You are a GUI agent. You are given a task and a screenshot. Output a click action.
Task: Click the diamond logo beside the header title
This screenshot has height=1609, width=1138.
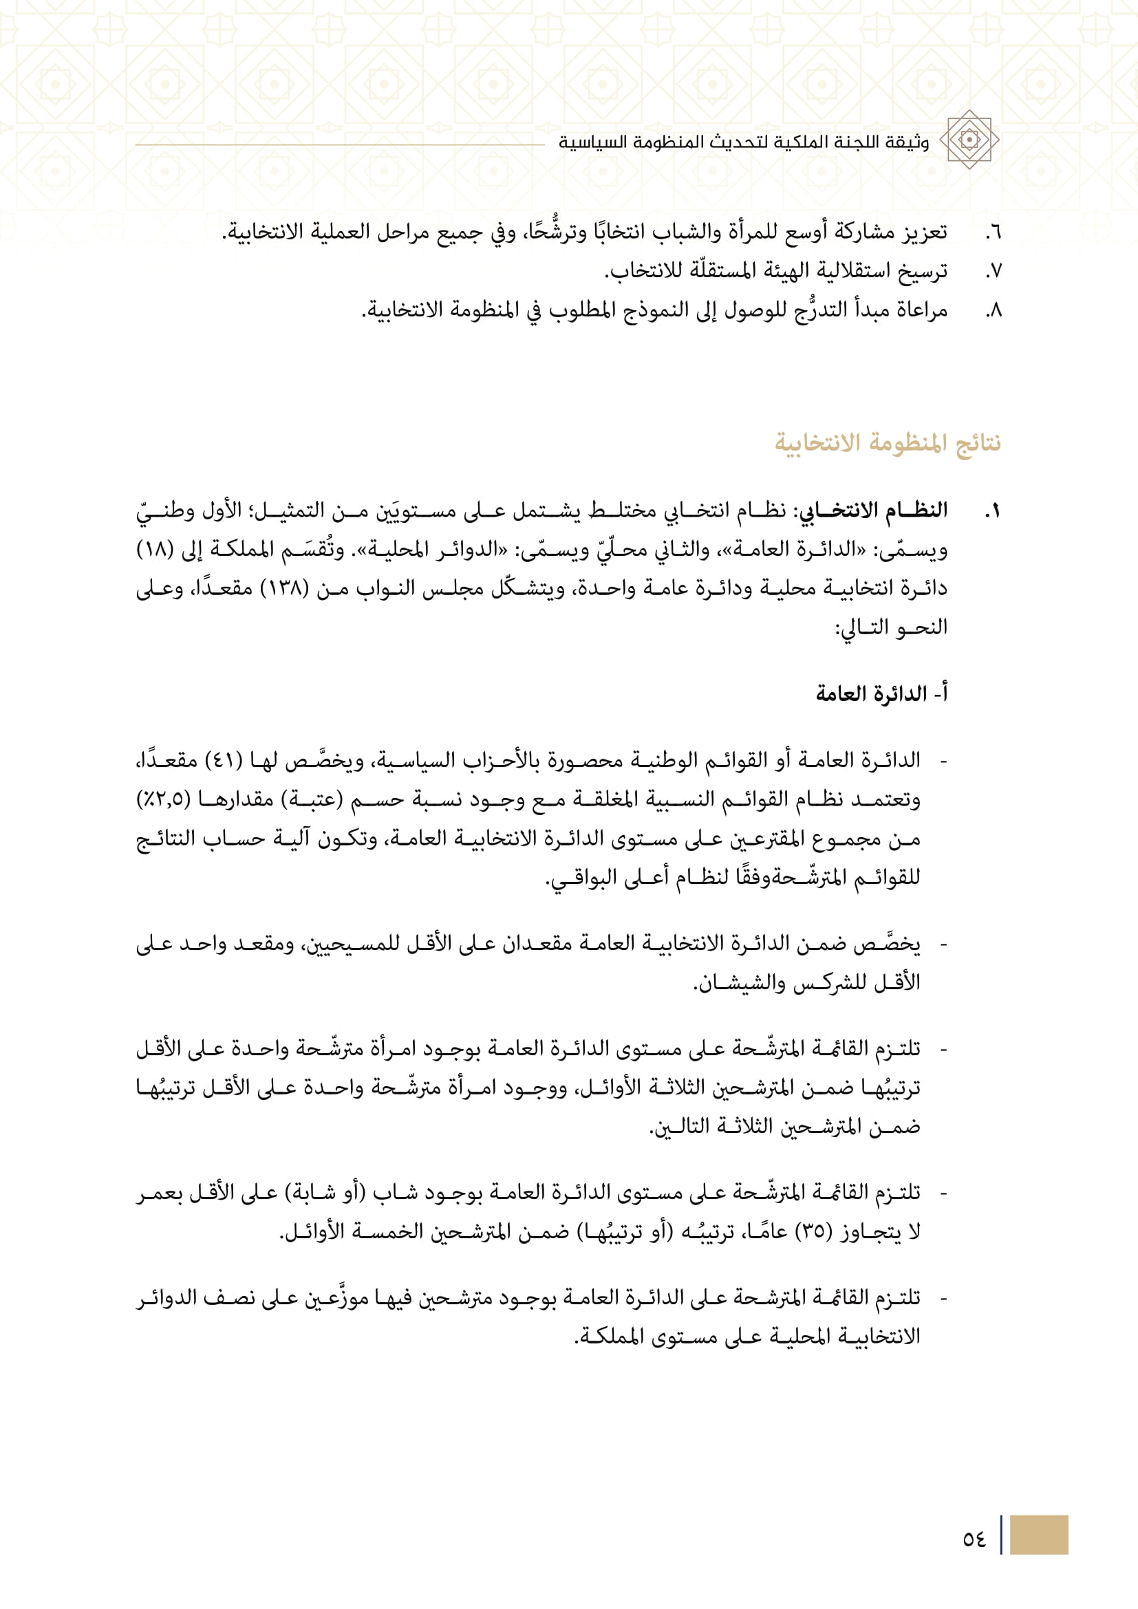(969, 140)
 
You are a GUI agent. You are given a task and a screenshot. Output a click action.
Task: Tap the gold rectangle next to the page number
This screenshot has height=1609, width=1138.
(1038, 1535)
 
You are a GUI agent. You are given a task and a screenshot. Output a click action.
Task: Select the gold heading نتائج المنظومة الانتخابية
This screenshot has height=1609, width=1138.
(887, 443)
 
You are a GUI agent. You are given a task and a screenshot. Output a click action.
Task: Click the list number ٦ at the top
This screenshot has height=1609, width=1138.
(993, 232)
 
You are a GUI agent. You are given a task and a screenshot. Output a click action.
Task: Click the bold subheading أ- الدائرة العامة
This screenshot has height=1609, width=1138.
(881, 694)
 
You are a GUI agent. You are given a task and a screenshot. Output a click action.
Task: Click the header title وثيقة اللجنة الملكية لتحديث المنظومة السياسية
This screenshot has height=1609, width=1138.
(744, 142)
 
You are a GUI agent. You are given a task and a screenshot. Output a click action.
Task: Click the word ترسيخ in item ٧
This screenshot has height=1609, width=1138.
(921, 271)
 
